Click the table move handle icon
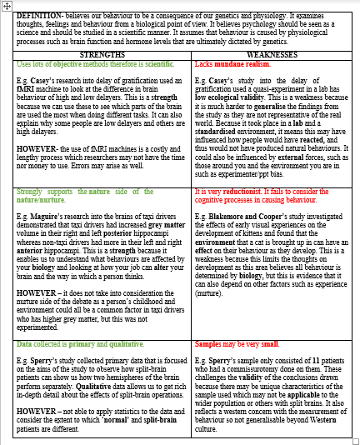click(x=5, y=5)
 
